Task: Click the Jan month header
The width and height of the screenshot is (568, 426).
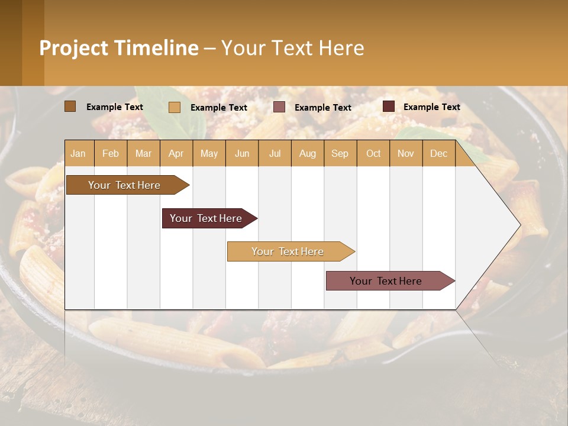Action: (x=78, y=153)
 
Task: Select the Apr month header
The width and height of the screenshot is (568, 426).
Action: (x=176, y=153)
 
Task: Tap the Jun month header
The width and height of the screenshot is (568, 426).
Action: (x=242, y=153)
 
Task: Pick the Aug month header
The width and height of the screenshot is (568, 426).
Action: (x=307, y=153)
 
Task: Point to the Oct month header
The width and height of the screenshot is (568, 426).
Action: (x=373, y=153)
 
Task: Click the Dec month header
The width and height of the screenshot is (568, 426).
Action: (x=438, y=153)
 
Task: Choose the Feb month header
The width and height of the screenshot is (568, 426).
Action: (x=111, y=153)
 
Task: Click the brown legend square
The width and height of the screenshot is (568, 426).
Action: (x=70, y=106)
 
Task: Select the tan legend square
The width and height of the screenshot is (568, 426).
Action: (x=175, y=107)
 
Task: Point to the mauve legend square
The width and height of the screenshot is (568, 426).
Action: (x=279, y=107)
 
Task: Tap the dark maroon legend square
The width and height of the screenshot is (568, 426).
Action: (x=389, y=106)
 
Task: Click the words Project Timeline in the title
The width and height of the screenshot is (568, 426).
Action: (x=118, y=48)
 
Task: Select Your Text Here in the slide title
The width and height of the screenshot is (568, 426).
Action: (x=292, y=48)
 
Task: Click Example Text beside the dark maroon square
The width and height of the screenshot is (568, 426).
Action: (x=431, y=106)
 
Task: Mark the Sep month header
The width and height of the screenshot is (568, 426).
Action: (x=340, y=153)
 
